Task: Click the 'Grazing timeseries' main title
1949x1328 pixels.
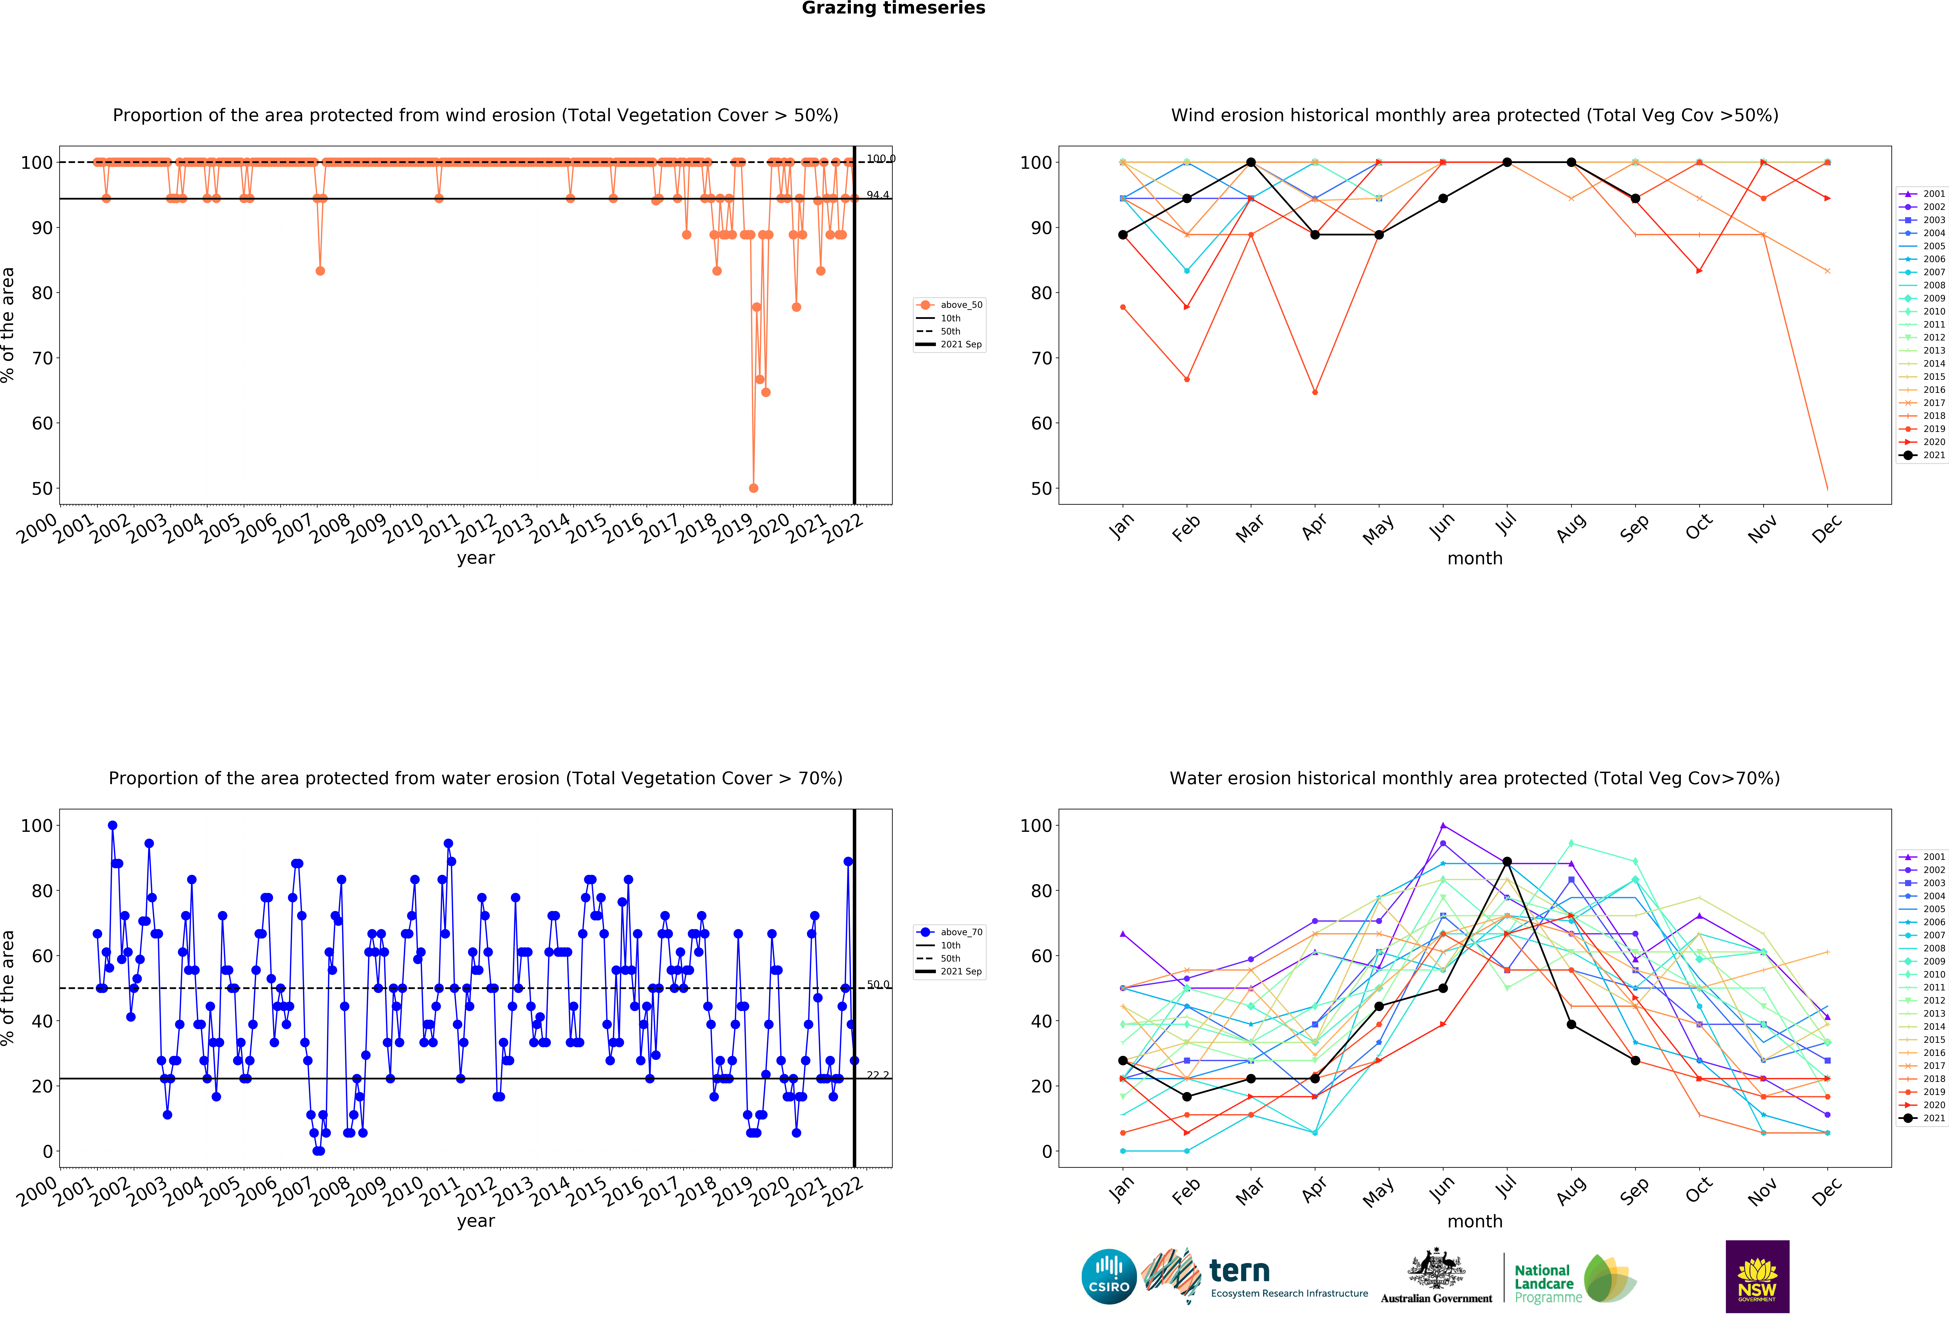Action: (x=893, y=8)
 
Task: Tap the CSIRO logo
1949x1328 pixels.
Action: (x=1109, y=1277)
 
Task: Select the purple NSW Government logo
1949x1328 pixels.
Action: (x=1757, y=1276)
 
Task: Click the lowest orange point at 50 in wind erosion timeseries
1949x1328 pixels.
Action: (x=753, y=488)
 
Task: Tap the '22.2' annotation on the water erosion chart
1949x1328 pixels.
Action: (x=877, y=1075)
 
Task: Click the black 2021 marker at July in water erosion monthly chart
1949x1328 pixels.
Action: (x=1507, y=862)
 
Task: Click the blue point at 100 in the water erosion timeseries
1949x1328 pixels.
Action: (x=112, y=826)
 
